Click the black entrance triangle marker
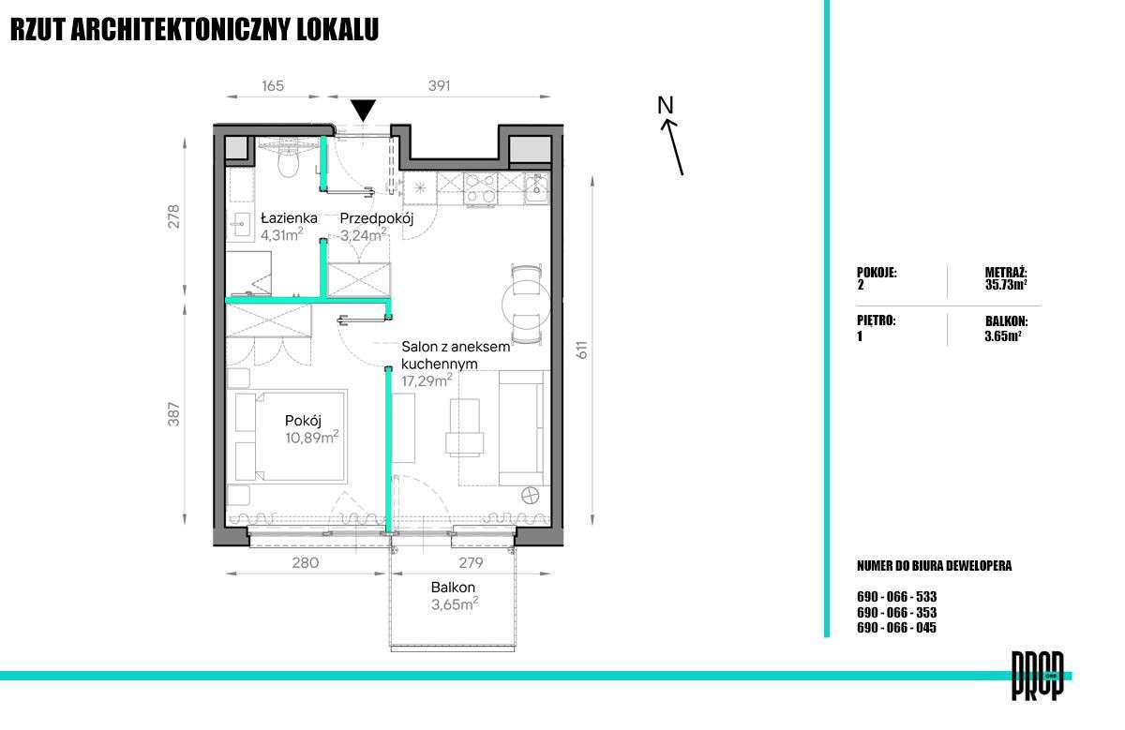pyautogui.click(x=363, y=110)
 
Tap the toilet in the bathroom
pyautogui.click(x=288, y=161)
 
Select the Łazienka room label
pyautogui.click(x=289, y=218)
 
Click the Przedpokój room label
pyautogui.click(x=376, y=219)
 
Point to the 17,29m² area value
pyautogui.click(x=427, y=380)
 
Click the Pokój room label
pyautogui.click(x=303, y=421)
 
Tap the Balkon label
pyautogui.click(x=453, y=587)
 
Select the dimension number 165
pyautogui.click(x=273, y=86)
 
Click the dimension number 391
pyautogui.click(x=439, y=86)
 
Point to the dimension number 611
pyautogui.click(x=581, y=350)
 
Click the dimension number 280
pyautogui.click(x=306, y=562)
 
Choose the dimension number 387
pyautogui.click(x=173, y=414)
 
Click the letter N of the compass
pyautogui.click(x=665, y=105)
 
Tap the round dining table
pyautogui.click(x=526, y=304)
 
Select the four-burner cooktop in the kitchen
pyautogui.click(x=481, y=189)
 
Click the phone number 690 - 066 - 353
pyautogui.click(x=896, y=613)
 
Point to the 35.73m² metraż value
pyautogui.click(x=1005, y=285)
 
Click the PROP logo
pyautogui.click(x=1037, y=676)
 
